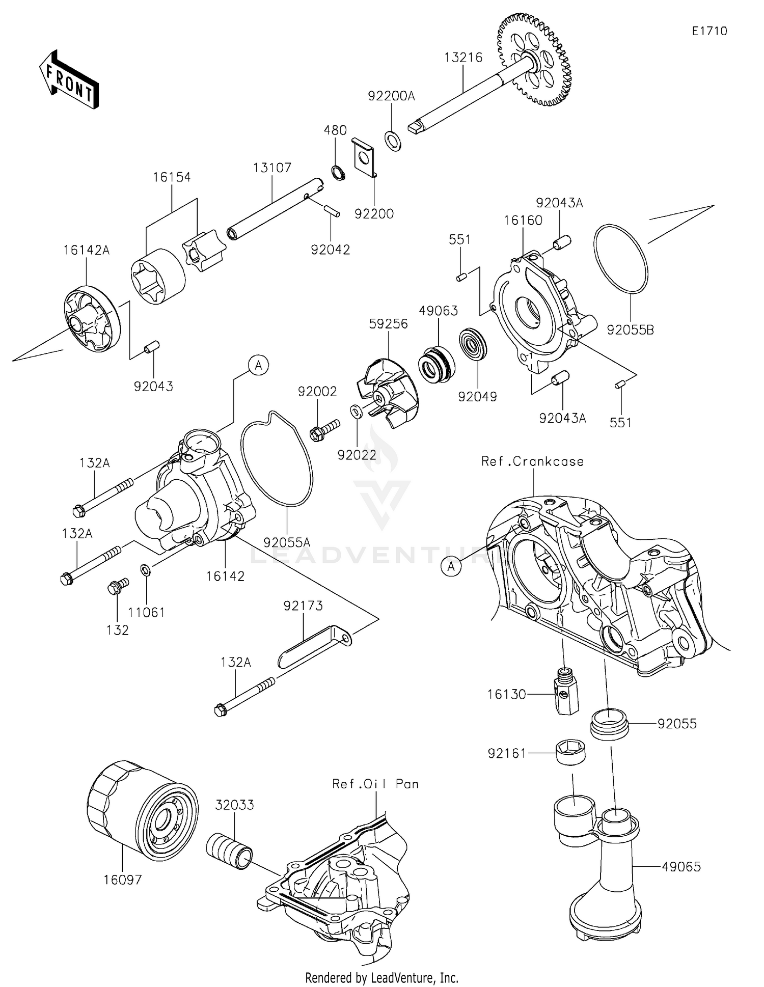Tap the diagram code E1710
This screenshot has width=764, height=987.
[x=709, y=31]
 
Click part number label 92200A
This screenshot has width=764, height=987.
[x=392, y=96]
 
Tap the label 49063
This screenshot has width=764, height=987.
[x=439, y=310]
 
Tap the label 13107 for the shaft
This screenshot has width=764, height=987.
[x=272, y=167]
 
